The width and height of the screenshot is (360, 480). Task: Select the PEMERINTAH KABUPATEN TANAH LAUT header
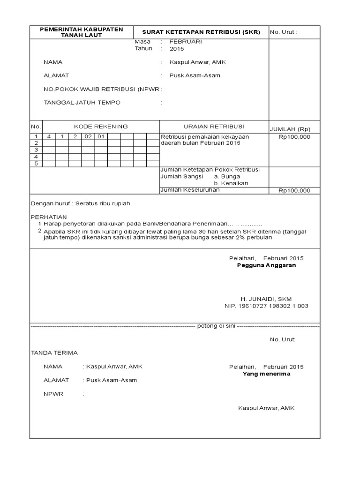tap(82, 32)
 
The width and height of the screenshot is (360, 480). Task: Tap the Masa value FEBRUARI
tap(185, 42)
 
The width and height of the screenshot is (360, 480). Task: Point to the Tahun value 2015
tap(177, 49)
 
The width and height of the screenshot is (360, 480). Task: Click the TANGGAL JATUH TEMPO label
tap(82, 103)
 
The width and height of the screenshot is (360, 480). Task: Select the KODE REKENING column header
tap(101, 127)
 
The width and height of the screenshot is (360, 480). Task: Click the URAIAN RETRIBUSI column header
tap(214, 127)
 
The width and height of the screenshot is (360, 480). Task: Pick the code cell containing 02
tap(88, 137)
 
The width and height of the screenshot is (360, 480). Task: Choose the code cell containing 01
tap(101, 137)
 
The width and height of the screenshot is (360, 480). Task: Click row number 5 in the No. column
tap(36, 164)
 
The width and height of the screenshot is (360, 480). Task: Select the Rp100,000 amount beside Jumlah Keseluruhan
tap(294, 191)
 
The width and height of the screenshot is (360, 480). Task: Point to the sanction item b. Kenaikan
tap(231, 183)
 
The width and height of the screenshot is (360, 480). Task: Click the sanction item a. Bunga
tap(227, 176)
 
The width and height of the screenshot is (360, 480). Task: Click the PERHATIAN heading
tap(49, 217)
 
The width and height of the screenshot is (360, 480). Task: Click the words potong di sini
tap(216, 326)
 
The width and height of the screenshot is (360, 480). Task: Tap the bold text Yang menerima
tap(266, 374)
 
